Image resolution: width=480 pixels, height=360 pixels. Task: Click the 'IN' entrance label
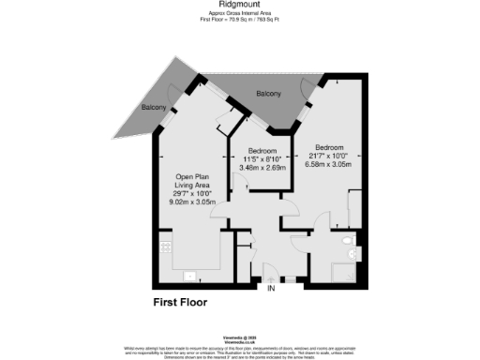(272, 288)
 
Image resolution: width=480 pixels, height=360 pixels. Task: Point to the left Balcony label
(154, 108)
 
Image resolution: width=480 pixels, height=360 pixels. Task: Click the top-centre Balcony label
(268, 94)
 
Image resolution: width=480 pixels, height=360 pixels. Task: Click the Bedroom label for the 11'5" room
(262, 151)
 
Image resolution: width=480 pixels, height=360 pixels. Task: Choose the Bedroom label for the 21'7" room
(329, 147)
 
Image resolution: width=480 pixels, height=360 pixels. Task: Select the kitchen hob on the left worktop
(165, 247)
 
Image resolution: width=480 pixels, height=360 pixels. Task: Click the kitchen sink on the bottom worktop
(188, 276)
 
